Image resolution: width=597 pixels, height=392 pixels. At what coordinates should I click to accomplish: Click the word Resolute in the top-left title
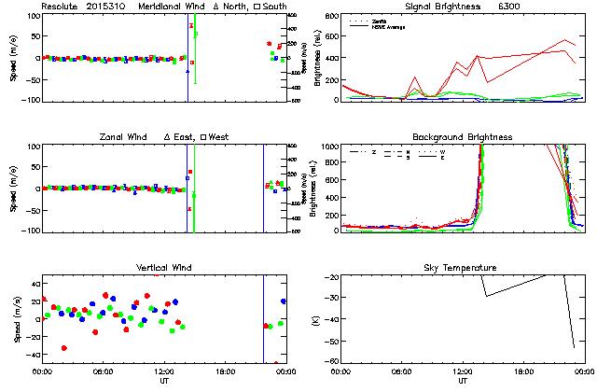[60, 7]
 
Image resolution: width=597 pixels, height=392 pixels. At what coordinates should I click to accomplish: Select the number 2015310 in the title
[108, 7]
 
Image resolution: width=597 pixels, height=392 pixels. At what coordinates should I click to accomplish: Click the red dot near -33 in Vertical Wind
[64, 348]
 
